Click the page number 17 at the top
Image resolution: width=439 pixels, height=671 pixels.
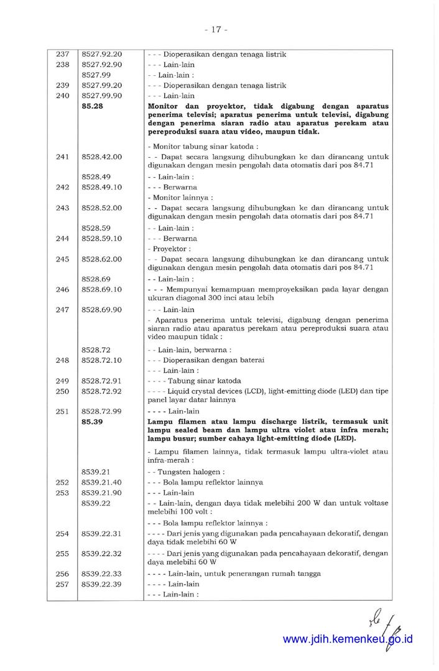point(219,29)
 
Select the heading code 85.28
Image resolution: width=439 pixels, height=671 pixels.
point(92,107)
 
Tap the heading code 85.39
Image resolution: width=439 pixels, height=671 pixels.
point(92,422)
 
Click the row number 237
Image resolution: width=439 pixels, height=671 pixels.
point(62,55)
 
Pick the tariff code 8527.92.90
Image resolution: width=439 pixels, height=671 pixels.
point(101,65)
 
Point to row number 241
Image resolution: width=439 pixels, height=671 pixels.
point(62,157)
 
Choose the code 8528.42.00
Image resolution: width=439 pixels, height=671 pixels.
point(101,157)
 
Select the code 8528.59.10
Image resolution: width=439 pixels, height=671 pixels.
point(101,239)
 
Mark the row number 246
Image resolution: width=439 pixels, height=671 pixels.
point(62,290)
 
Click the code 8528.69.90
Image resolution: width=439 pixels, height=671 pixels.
point(101,309)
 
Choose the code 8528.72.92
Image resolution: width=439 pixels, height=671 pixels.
point(101,391)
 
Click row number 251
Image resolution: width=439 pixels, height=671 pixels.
point(62,411)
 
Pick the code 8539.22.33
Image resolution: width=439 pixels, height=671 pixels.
point(101,574)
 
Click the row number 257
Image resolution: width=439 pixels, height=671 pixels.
point(62,584)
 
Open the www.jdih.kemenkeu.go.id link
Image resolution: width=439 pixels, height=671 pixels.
point(348,639)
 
